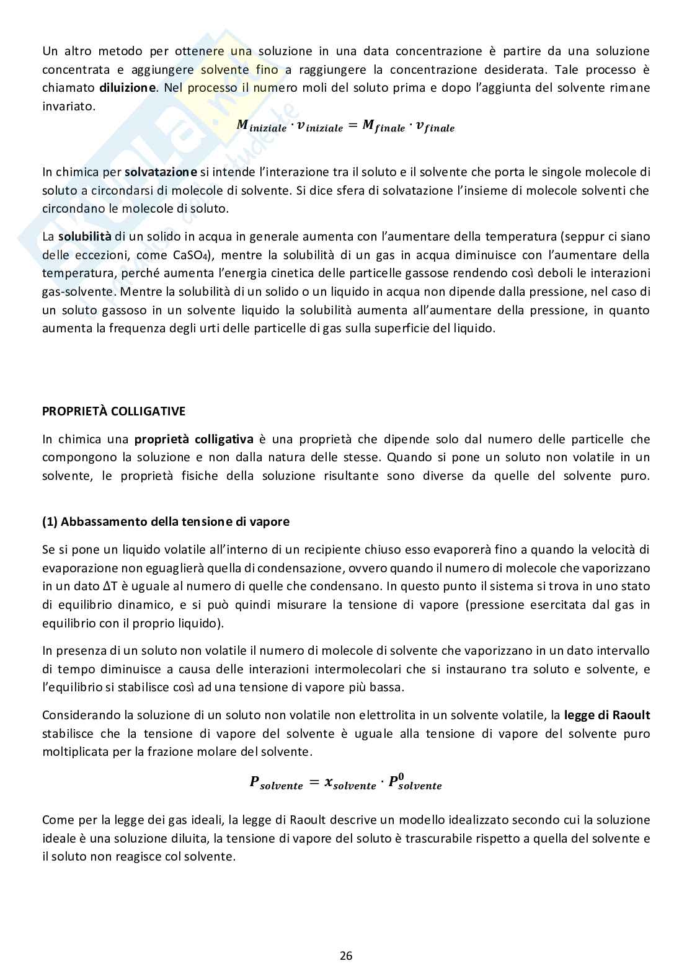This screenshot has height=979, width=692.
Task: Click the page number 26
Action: click(346, 955)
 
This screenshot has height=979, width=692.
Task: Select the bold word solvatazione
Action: click(161, 172)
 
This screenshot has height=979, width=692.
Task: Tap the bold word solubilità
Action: click(85, 236)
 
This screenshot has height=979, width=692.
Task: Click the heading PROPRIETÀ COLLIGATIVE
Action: click(113, 411)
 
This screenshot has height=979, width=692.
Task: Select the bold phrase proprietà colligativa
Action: click(193, 439)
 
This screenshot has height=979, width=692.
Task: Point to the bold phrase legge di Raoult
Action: click(606, 715)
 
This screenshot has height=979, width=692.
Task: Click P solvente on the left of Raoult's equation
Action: click(276, 783)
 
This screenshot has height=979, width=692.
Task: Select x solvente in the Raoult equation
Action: click(350, 784)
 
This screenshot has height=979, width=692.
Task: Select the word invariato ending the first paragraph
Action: click(69, 106)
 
